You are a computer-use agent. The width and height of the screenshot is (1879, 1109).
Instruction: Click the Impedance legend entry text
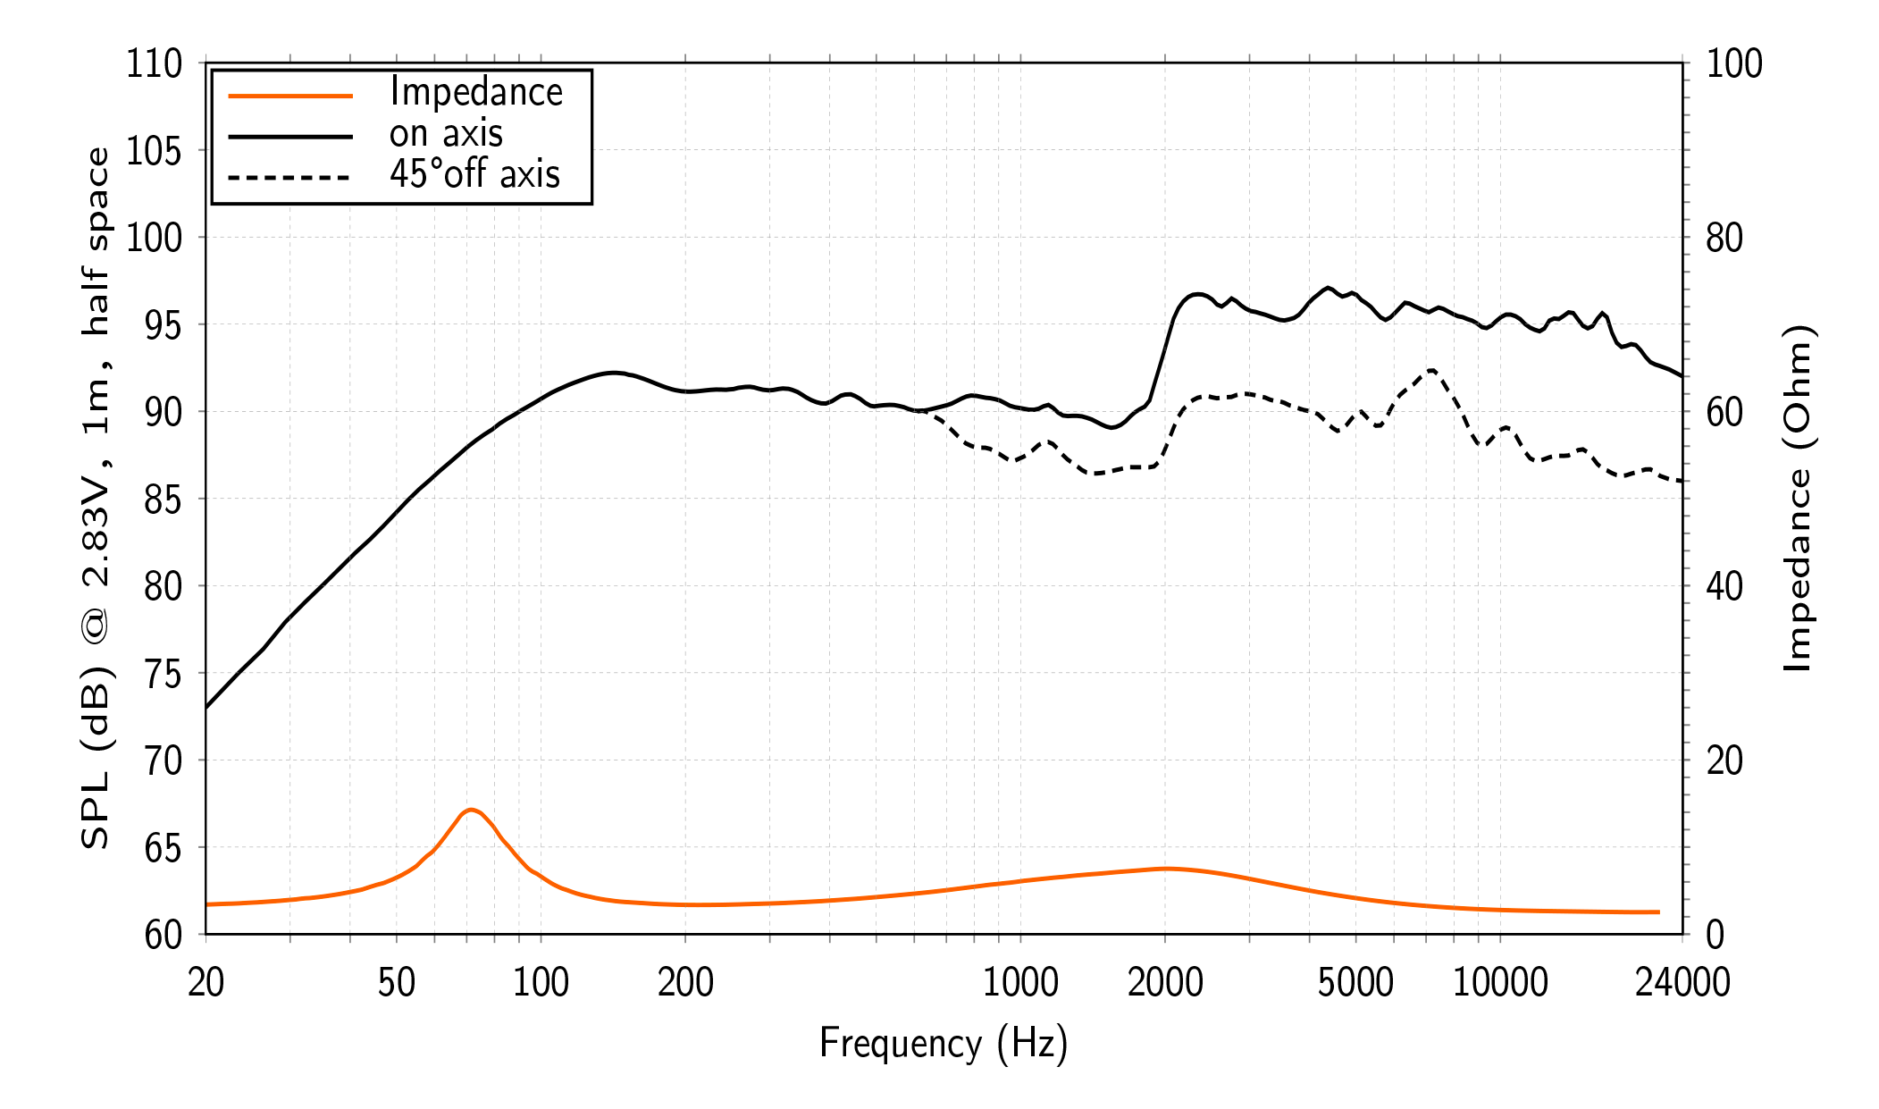475,92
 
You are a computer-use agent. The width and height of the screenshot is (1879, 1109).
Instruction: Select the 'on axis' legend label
446,134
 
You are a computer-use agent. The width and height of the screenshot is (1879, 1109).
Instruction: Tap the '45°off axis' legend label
474,173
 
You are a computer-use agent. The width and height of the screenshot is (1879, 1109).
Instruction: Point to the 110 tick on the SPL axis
154,63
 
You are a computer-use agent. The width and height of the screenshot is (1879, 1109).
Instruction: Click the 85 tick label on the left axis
163,500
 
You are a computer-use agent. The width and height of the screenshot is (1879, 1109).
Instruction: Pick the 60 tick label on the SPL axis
163,935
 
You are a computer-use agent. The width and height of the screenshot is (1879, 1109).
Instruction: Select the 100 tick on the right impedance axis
1734,63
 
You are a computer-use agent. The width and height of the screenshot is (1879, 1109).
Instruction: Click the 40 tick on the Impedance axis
1724,586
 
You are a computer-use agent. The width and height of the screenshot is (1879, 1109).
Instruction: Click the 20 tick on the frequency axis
206,983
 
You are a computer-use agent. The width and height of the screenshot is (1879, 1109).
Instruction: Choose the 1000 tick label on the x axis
1020,983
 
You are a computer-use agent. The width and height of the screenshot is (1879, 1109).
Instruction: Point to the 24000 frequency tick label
1682,983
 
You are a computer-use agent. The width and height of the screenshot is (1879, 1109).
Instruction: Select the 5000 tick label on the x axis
1355,983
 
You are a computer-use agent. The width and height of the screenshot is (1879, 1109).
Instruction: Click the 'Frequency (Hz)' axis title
944,1043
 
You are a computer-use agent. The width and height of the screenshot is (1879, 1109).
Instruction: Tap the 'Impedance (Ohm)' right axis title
1798,498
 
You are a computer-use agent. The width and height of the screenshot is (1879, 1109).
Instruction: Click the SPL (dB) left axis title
95,498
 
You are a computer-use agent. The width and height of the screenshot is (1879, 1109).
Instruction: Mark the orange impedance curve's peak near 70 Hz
471,810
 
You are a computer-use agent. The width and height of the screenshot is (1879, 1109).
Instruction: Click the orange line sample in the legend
290,95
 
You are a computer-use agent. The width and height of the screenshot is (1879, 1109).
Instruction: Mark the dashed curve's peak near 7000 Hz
1431,370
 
